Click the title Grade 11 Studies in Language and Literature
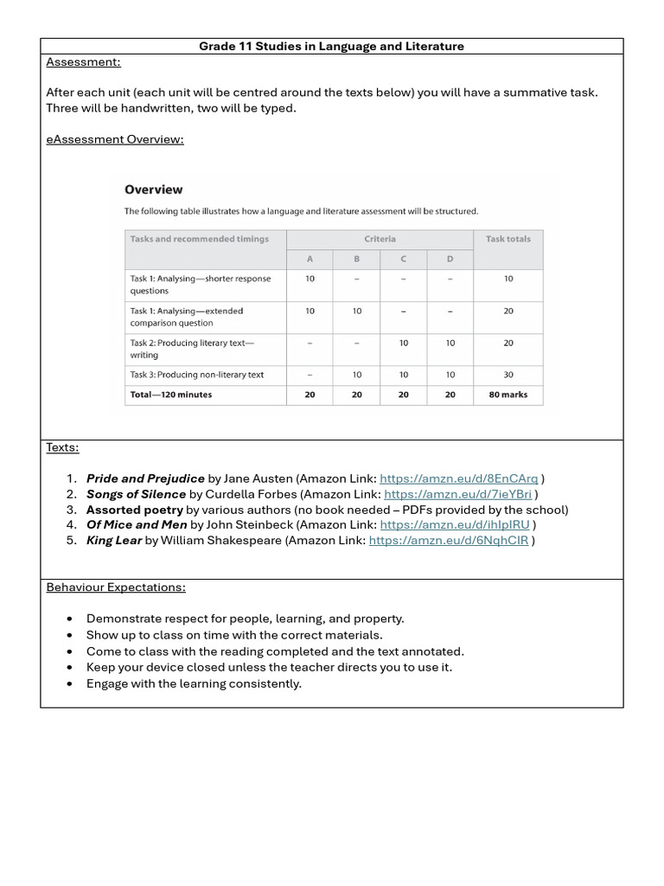tap(331, 46)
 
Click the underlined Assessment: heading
tap(83, 61)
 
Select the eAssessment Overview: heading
tap(115, 139)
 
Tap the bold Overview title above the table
tap(154, 189)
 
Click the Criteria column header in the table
tap(380, 239)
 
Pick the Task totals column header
tap(508, 239)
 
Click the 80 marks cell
tap(508, 395)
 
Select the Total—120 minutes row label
tap(171, 395)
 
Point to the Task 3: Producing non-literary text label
tap(197, 375)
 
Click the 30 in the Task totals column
tap(508, 375)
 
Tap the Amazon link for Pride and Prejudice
tap(458, 478)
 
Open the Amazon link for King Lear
tap(448, 541)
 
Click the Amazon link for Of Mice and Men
tap(455, 524)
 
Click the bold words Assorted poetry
tap(134, 510)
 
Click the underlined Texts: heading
tap(62, 447)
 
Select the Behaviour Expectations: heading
tap(115, 587)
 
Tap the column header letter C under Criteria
tap(403, 259)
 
